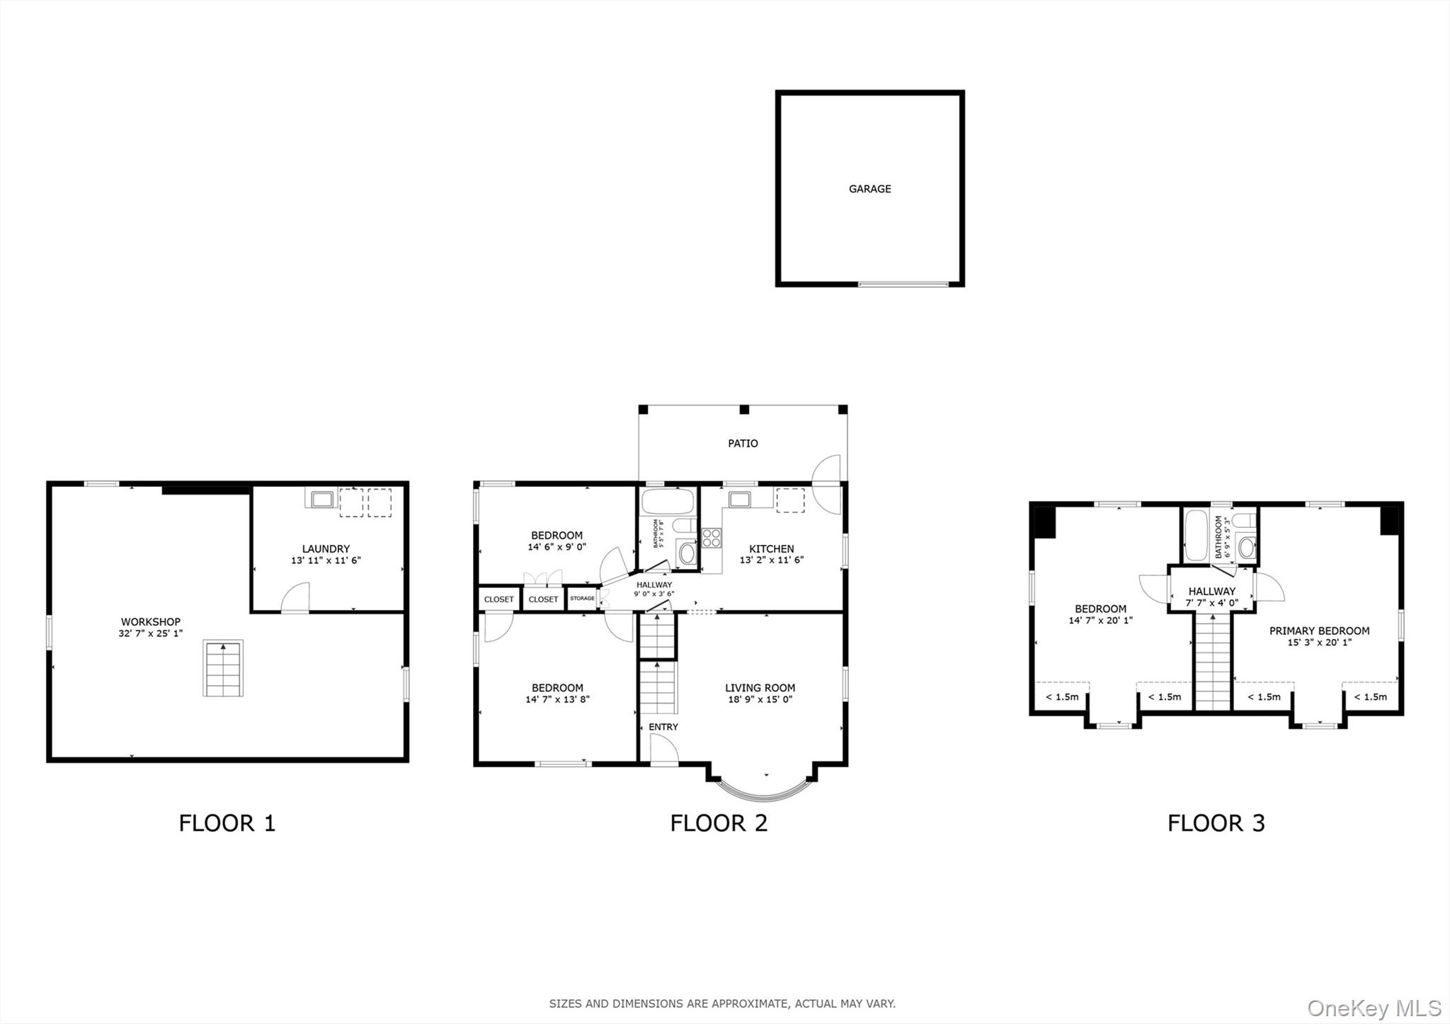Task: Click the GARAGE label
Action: point(869,189)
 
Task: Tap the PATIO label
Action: point(743,444)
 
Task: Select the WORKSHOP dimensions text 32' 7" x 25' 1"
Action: point(150,633)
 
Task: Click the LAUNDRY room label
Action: point(326,548)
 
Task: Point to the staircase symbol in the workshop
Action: point(223,668)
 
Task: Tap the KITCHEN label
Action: point(771,548)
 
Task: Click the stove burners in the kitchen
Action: point(712,537)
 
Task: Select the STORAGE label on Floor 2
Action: point(582,599)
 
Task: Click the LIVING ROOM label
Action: point(760,688)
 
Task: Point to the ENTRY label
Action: point(663,727)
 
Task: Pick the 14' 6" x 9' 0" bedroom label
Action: point(556,541)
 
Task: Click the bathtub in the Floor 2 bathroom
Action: point(668,502)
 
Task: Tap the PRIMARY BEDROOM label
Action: point(1318,631)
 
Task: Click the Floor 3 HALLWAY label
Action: point(1211,591)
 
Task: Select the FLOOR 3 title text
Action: point(1216,823)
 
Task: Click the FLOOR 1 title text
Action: point(227,823)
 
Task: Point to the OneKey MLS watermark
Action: point(1374,1008)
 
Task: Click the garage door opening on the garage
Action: point(903,284)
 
